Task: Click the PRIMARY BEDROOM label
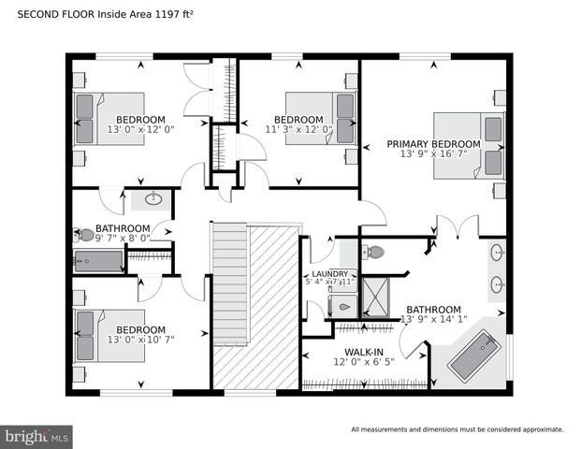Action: [x=433, y=144]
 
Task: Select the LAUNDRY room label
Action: [x=329, y=274]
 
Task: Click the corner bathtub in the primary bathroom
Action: [x=474, y=355]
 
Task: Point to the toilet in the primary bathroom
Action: [x=373, y=252]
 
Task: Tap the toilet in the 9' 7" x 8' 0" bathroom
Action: [x=86, y=235]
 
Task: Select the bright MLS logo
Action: [x=37, y=436]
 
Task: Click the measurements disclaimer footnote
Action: [x=457, y=429]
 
